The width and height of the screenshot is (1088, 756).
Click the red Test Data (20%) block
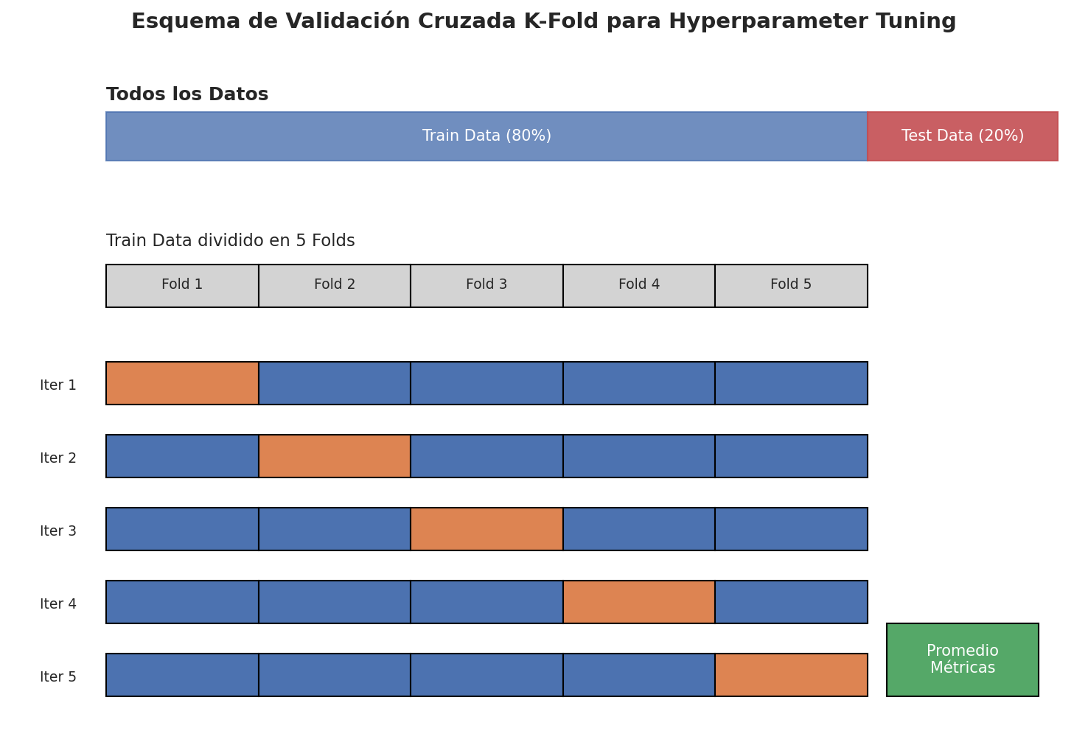click(962, 136)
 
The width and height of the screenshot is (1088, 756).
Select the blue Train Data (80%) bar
click(487, 136)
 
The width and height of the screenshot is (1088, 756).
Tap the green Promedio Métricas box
click(962, 659)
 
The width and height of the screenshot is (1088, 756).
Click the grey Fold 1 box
click(182, 285)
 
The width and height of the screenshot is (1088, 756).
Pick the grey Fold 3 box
click(487, 285)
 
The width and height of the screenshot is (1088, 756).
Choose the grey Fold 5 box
click(791, 285)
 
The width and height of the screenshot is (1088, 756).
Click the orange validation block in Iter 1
click(182, 382)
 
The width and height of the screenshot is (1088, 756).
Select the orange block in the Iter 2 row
click(335, 456)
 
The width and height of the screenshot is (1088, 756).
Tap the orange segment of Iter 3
click(487, 529)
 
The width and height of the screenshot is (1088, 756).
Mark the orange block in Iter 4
click(639, 601)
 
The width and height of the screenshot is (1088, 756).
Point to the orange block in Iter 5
click(791, 674)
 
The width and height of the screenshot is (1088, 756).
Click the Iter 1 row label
click(58, 385)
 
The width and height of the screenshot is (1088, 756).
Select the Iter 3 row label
click(58, 531)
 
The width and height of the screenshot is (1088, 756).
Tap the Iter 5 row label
click(58, 676)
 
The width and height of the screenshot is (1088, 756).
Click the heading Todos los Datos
click(187, 94)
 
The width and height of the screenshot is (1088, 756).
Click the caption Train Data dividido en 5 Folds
click(230, 240)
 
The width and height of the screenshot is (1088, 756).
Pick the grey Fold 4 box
click(639, 285)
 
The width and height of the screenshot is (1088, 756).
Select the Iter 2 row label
click(58, 458)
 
